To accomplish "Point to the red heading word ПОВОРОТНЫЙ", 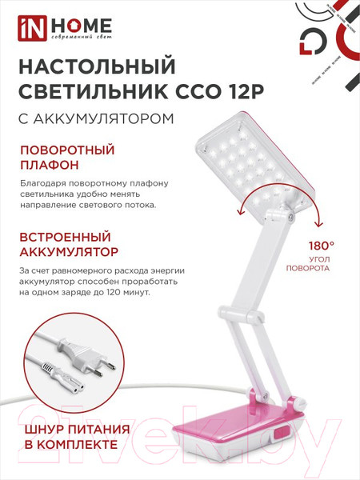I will point(67,150).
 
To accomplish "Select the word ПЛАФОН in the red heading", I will point(49,166).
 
